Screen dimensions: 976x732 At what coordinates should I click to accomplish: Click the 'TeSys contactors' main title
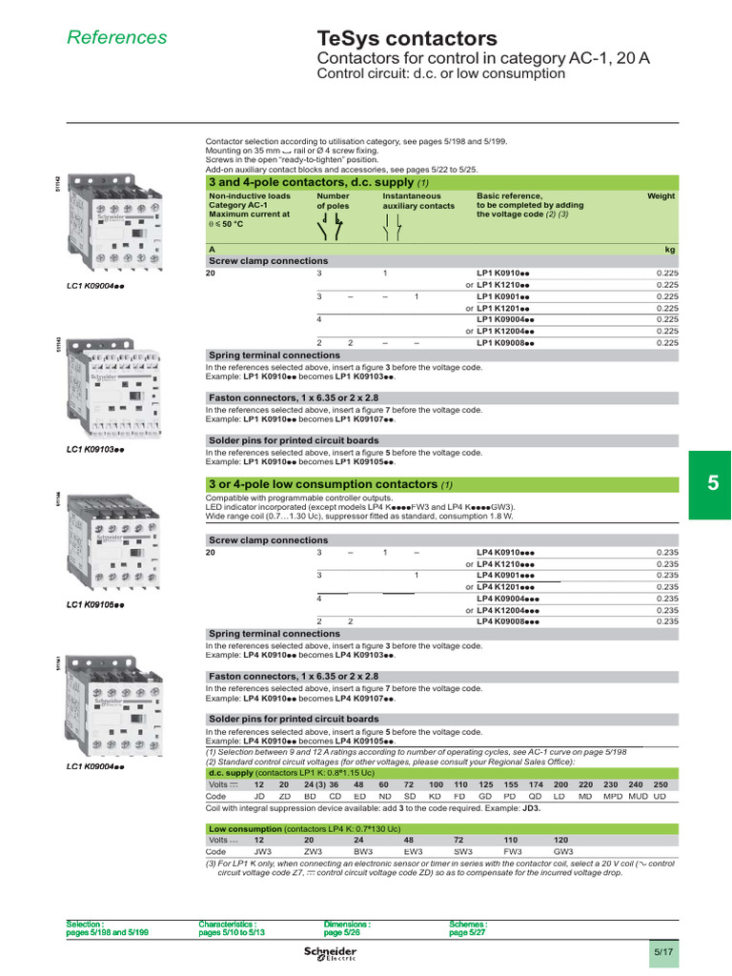click(407, 39)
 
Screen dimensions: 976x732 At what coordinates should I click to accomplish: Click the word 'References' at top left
click(116, 37)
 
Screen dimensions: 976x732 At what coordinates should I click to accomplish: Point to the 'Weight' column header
click(661, 196)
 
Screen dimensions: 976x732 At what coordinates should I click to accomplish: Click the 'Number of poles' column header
click(334, 201)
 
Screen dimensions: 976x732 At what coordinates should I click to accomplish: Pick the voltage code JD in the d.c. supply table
click(259, 796)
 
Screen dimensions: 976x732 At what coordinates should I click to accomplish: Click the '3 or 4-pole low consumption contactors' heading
click(322, 484)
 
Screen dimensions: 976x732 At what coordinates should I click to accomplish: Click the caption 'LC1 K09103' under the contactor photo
click(95, 448)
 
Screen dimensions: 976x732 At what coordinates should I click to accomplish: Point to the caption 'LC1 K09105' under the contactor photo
click(95, 605)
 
